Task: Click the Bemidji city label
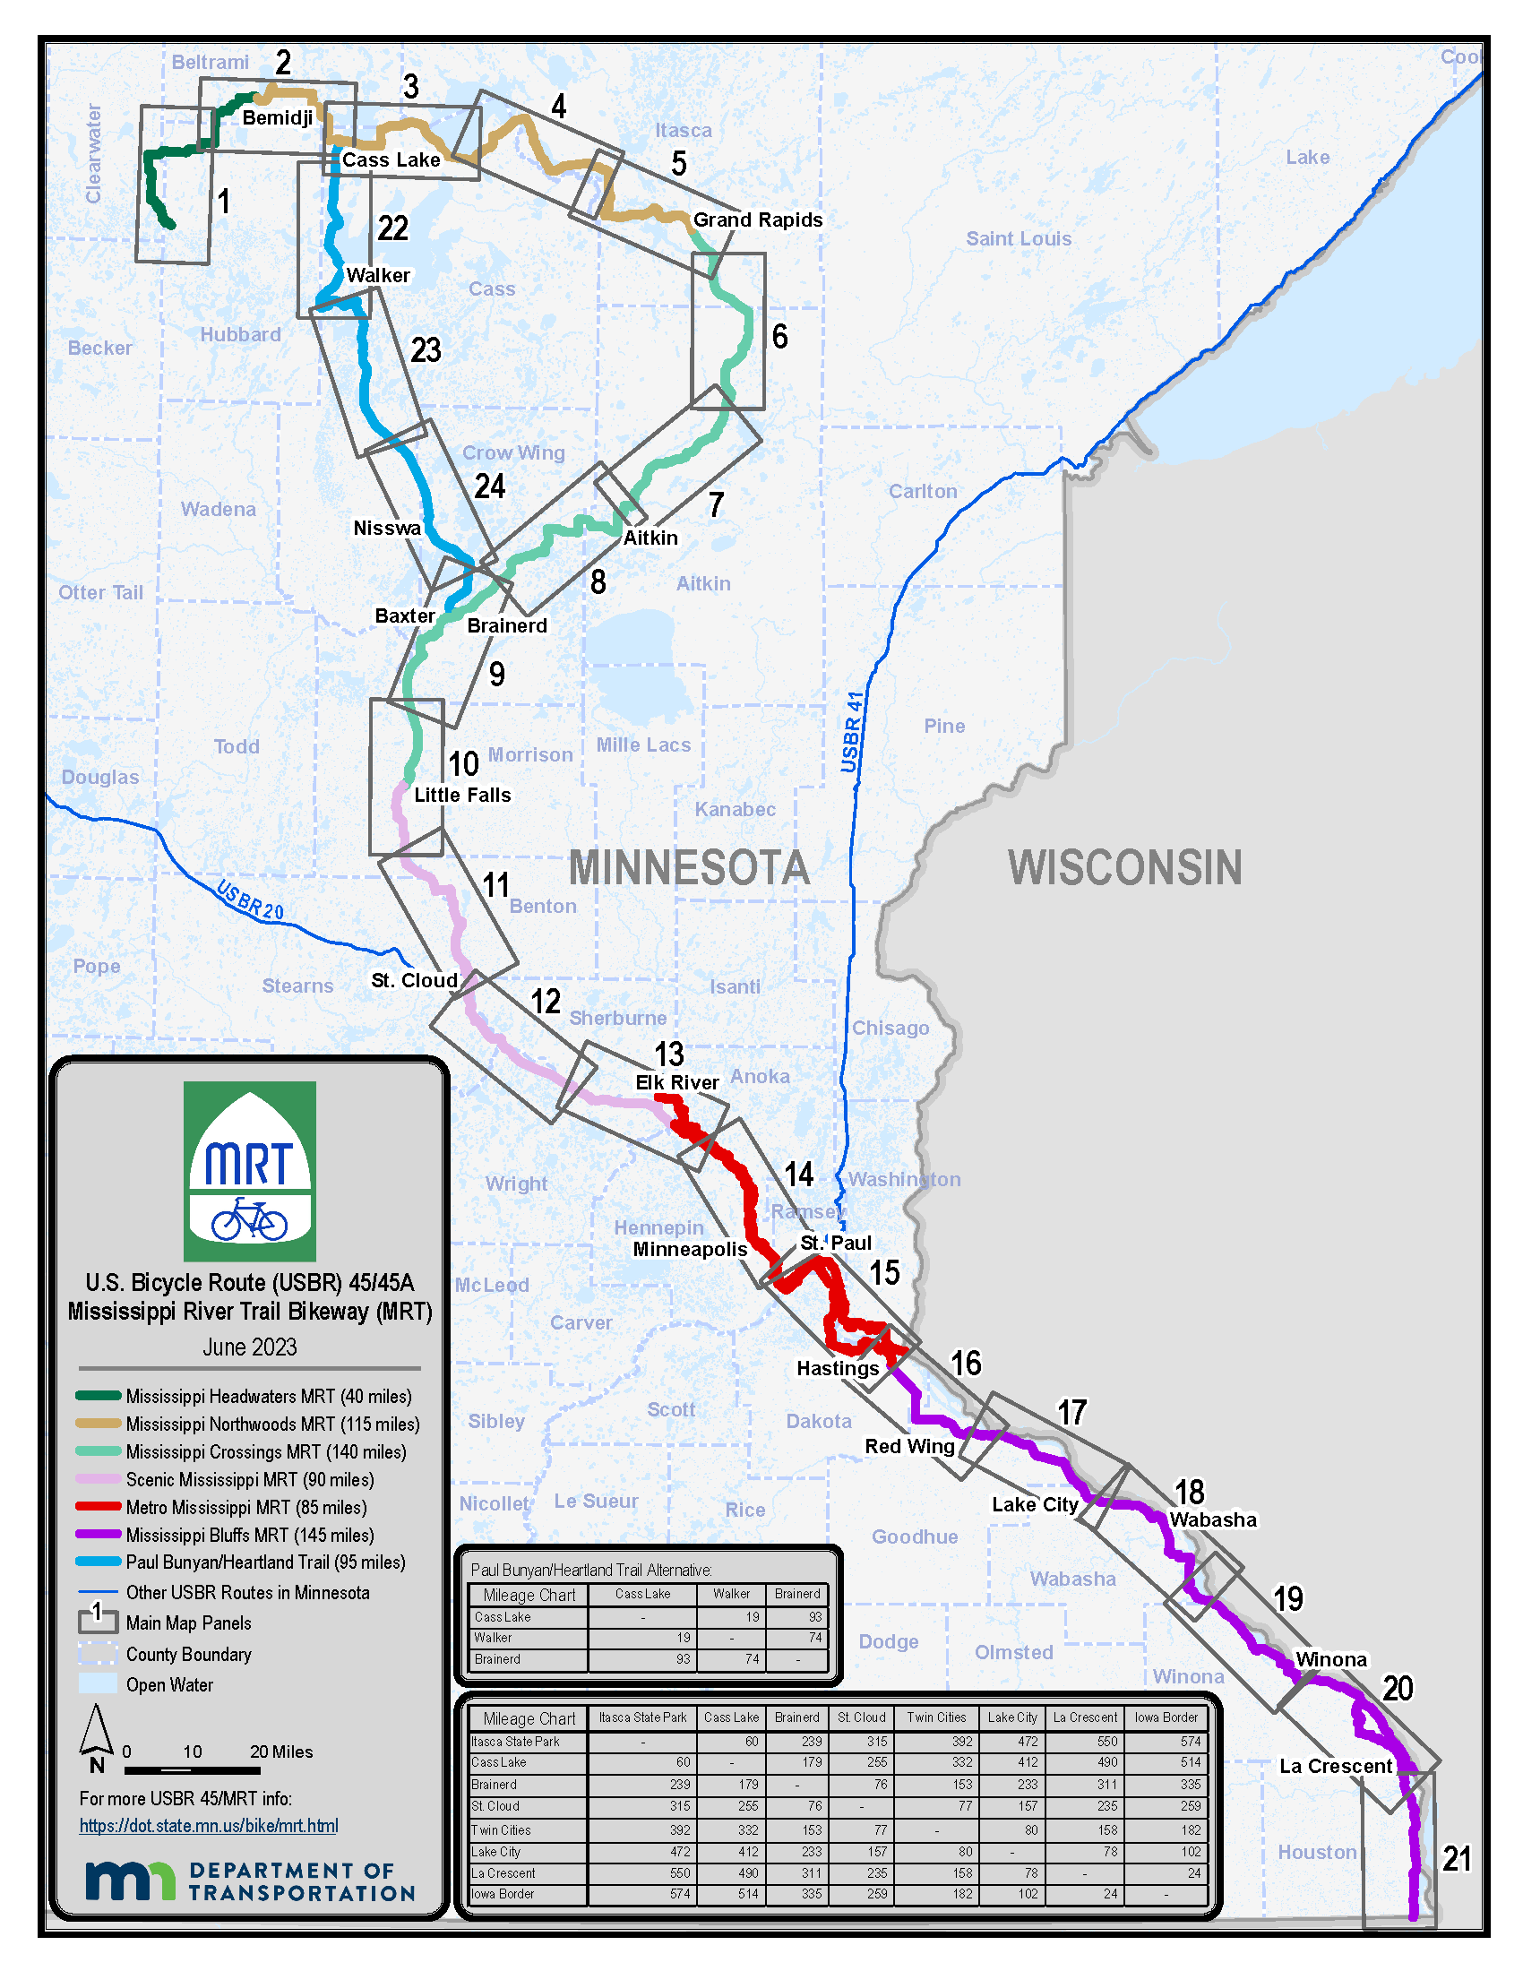tap(277, 117)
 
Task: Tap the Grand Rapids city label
tap(757, 219)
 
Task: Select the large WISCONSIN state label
tap(1124, 867)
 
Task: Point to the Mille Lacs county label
tap(643, 745)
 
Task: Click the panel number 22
tap(392, 228)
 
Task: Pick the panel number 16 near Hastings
tap(966, 1363)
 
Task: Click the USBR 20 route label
tap(250, 900)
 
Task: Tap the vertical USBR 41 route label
tap(852, 731)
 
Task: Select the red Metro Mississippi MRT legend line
tap(99, 1506)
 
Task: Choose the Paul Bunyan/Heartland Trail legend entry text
tap(265, 1562)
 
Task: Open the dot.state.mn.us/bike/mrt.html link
tap(209, 1826)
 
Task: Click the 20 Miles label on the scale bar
tap(280, 1752)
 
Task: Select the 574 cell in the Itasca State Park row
tap(1190, 1742)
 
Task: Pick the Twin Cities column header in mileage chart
tap(935, 1717)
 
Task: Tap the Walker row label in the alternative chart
tap(493, 1637)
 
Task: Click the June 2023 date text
tap(249, 1347)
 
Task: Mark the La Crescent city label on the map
tap(1336, 1766)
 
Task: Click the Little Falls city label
tap(462, 795)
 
